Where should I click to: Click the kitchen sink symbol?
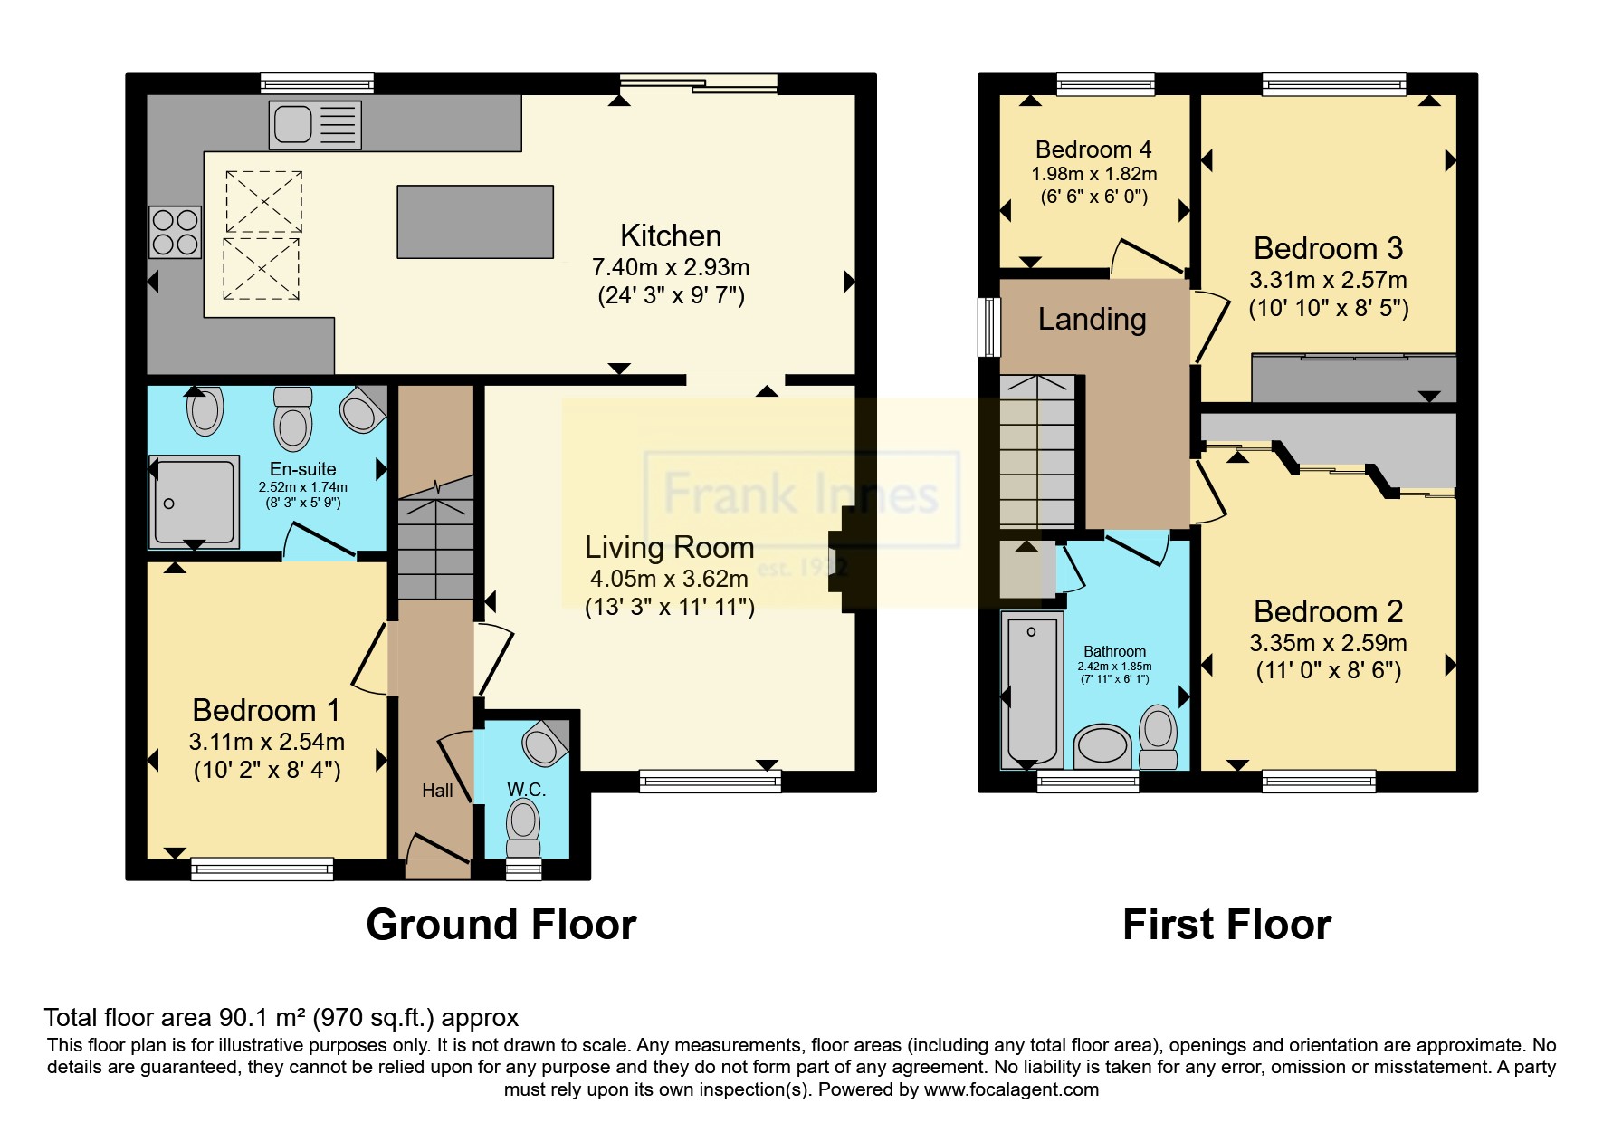[x=314, y=124]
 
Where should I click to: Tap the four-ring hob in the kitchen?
[x=175, y=232]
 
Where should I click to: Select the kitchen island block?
[x=475, y=221]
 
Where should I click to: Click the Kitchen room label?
[x=671, y=235]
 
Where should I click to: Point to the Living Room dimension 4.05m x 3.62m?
[x=669, y=578]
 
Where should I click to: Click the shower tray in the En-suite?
[x=195, y=501]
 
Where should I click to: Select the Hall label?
[x=437, y=791]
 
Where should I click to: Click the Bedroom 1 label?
[x=266, y=709]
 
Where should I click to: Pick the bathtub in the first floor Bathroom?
[x=1032, y=690]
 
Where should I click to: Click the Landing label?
[x=1092, y=319]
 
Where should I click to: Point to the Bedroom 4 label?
[x=1095, y=149]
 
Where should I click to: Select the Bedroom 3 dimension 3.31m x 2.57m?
[x=1329, y=280]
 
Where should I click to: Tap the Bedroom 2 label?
[x=1328, y=611]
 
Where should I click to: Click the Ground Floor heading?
[x=501, y=925]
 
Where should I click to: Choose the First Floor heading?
[x=1226, y=925]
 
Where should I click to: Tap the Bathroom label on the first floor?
[x=1114, y=651]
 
